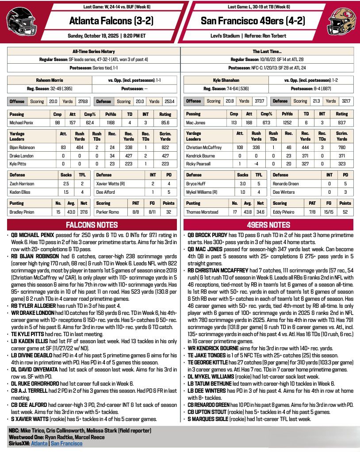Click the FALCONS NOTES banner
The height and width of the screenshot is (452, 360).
pos(92,225)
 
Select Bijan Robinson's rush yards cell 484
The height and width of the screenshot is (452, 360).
pos(80,147)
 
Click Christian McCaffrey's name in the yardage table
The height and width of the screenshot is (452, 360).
pos(204,147)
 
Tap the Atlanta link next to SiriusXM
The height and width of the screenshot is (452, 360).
pos(39,443)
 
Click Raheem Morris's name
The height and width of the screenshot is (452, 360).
pos(49,80)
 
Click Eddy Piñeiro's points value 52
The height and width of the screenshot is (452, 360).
pos(345,212)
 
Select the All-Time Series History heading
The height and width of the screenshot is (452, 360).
pos(93,51)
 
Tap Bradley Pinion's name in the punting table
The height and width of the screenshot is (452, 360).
pos(23,212)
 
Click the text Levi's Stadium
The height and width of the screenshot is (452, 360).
pos(230,35)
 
